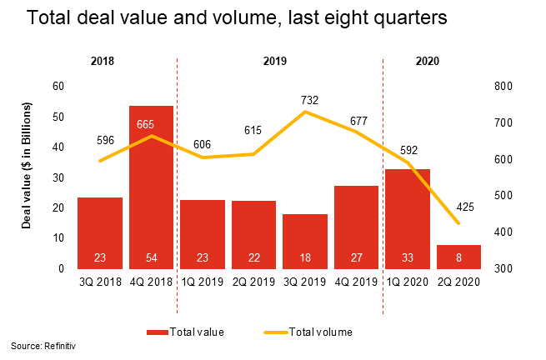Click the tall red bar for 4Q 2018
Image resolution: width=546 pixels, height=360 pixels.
pyautogui.click(x=151, y=187)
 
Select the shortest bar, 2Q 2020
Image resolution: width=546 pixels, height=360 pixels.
pyautogui.click(x=459, y=257)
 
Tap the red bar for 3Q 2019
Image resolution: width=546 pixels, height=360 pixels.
pyautogui.click(x=305, y=241)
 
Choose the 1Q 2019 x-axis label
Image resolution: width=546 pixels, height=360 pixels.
pyautogui.click(x=203, y=282)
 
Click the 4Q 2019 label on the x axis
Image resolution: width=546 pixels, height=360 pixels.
pyautogui.click(x=356, y=282)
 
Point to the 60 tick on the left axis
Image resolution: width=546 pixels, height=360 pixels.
pyautogui.click(x=58, y=86)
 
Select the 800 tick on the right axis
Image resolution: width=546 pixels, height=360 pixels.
pyautogui.click(x=504, y=86)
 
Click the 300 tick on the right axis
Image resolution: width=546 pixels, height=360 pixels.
pyautogui.click(x=504, y=268)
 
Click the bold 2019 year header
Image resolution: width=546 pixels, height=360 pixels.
pyautogui.click(x=279, y=61)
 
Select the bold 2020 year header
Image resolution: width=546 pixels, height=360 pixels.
pyautogui.click(x=426, y=61)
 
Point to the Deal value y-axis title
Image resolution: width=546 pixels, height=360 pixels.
pyautogui.click(x=28, y=167)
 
